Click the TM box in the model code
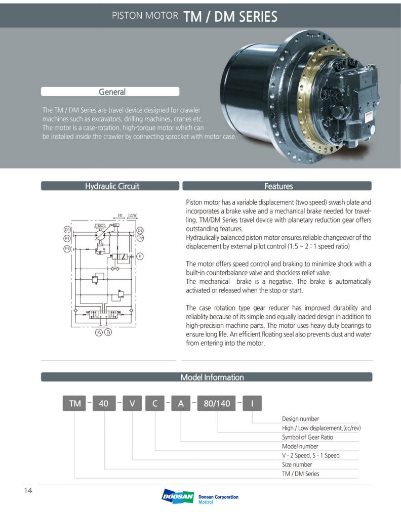pyautogui.click(x=74, y=403)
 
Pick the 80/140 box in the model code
pyautogui.click(x=217, y=403)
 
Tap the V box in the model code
pyautogui.click(x=132, y=403)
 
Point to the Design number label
pyautogui.click(x=300, y=419)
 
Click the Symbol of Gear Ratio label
pyautogui.click(x=307, y=437)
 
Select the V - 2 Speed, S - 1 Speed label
pyautogui.click(x=311, y=455)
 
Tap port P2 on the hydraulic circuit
pyautogui.click(x=140, y=238)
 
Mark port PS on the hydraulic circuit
pyautogui.click(x=67, y=248)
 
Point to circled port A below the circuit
pyautogui.click(x=99, y=332)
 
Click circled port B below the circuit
pyautogui.click(x=108, y=332)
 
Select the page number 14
pyautogui.click(x=28, y=490)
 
